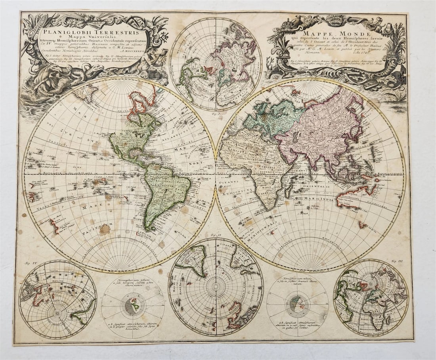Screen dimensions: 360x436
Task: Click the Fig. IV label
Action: pos(24,263)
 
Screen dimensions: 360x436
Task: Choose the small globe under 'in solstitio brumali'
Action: pos(297,304)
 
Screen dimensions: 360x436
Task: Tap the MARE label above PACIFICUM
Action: pos(88,207)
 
